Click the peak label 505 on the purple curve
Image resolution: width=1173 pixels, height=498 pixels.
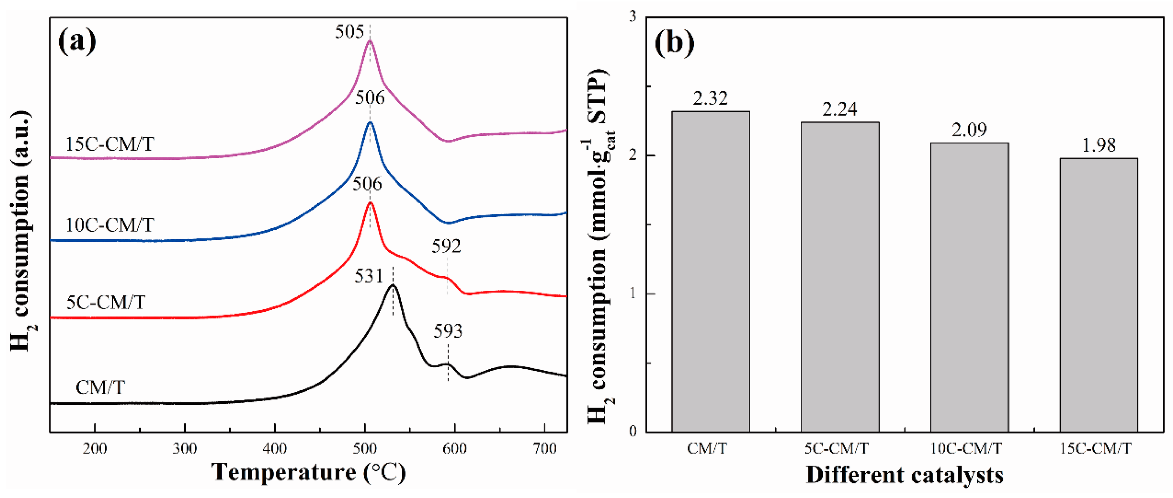(349, 32)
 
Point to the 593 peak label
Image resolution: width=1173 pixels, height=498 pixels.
(448, 331)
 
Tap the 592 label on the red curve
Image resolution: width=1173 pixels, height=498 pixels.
(446, 246)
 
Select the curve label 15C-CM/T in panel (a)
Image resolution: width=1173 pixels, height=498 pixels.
(110, 144)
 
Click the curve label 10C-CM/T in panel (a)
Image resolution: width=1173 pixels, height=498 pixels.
(110, 225)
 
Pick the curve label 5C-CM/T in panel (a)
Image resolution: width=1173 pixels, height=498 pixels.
(106, 302)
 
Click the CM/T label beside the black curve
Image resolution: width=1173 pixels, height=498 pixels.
(100, 387)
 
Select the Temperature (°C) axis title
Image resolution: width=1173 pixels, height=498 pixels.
(308, 472)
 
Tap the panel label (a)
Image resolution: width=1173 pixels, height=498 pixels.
(77, 41)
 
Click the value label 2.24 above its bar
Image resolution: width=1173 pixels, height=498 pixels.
(840, 109)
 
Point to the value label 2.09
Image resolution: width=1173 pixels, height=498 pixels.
(969, 130)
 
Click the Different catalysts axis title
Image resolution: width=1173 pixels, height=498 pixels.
(904, 475)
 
